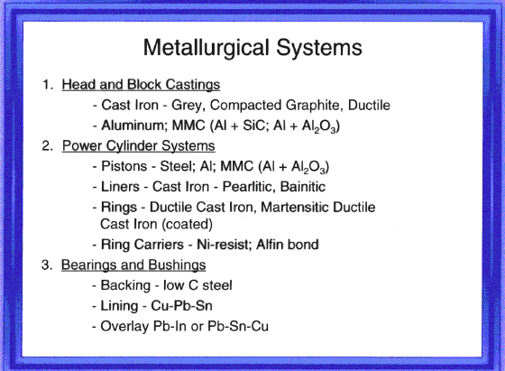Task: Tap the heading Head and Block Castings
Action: pyautogui.click(x=141, y=85)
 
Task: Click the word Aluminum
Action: pyautogui.click(x=134, y=125)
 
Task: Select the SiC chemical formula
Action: pyautogui.click(x=255, y=125)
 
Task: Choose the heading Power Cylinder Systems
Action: pyautogui.click(x=139, y=146)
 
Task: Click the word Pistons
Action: pyautogui.click(x=124, y=166)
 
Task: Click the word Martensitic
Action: pyautogui.click(x=295, y=208)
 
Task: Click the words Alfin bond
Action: pyautogui.click(x=288, y=245)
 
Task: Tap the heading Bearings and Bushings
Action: pyautogui.click(x=133, y=265)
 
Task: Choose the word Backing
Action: pyautogui.click(x=125, y=285)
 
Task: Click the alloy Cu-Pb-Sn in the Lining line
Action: pyautogui.click(x=181, y=306)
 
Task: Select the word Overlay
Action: pyautogui.click(x=124, y=326)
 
